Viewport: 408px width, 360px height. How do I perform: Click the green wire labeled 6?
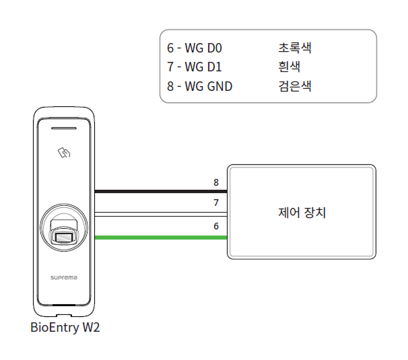162,238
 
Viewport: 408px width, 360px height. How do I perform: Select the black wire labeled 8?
162,191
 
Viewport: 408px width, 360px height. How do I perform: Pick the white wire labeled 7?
162,214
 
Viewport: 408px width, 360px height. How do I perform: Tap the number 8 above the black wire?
216,182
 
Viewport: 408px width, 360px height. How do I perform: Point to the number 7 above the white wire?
216,203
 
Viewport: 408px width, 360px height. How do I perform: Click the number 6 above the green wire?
216,226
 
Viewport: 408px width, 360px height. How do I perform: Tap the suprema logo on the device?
65,277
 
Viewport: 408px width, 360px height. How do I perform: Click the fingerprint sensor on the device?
65,233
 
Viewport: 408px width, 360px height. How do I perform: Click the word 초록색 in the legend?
294,48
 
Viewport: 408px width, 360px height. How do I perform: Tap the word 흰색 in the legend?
289,67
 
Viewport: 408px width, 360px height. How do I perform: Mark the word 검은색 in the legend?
294,86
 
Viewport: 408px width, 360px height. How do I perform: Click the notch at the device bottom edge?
65,314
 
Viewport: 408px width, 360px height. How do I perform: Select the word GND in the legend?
219,86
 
